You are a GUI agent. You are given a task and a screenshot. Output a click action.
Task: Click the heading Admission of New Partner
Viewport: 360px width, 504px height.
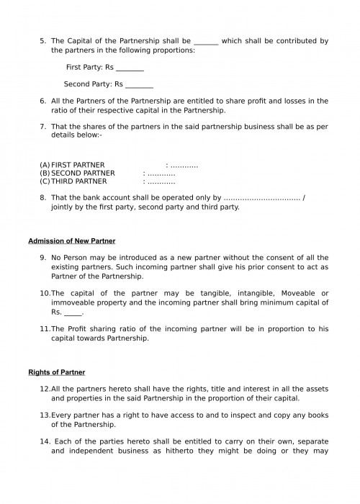tap(72, 240)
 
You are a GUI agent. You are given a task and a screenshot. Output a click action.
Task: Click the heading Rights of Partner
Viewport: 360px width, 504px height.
tap(57, 372)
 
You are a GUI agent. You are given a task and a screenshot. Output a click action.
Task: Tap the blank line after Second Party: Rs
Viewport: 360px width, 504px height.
tap(139, 84)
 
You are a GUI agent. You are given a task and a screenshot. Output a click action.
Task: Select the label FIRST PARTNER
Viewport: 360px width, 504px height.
tap(78, 165)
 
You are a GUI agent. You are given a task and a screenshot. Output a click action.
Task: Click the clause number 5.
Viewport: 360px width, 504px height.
tap(42, 40)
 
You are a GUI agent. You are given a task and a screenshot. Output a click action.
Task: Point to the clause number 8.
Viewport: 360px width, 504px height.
tap(42, 197)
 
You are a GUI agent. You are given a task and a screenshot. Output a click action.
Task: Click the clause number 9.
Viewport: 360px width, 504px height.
tap(42, 258)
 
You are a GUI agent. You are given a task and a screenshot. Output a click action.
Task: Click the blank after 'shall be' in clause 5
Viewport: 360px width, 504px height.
tap(206, 41)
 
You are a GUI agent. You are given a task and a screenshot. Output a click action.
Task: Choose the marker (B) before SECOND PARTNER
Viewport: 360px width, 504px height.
tap(45, 174)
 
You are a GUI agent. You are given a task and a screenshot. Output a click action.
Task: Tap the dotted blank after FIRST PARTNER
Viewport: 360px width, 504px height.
tap(184, 165)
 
